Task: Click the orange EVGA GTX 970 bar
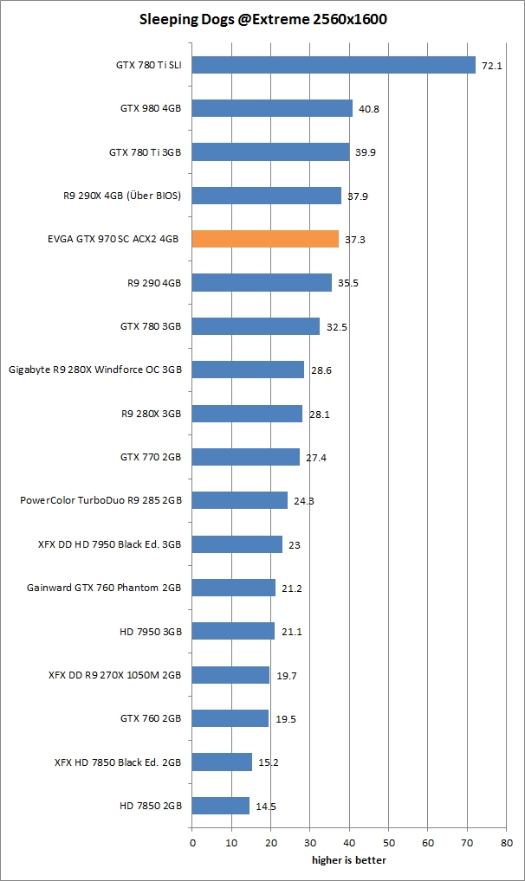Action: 265,239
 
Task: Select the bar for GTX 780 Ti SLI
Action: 334,65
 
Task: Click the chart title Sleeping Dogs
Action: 262,18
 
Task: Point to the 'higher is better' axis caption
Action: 349,860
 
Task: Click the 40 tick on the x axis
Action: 349,841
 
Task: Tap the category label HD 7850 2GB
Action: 151,806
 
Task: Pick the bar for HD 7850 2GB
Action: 220,805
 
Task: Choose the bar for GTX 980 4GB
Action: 272,108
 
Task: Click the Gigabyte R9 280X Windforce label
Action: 95,370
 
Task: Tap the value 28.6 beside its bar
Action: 321,370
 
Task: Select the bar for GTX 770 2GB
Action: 245,456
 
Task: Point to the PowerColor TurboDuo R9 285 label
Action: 100,500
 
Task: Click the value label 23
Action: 295,544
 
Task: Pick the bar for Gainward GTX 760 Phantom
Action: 233,588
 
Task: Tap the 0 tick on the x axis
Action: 191,841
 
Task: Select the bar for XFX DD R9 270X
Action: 230,674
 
